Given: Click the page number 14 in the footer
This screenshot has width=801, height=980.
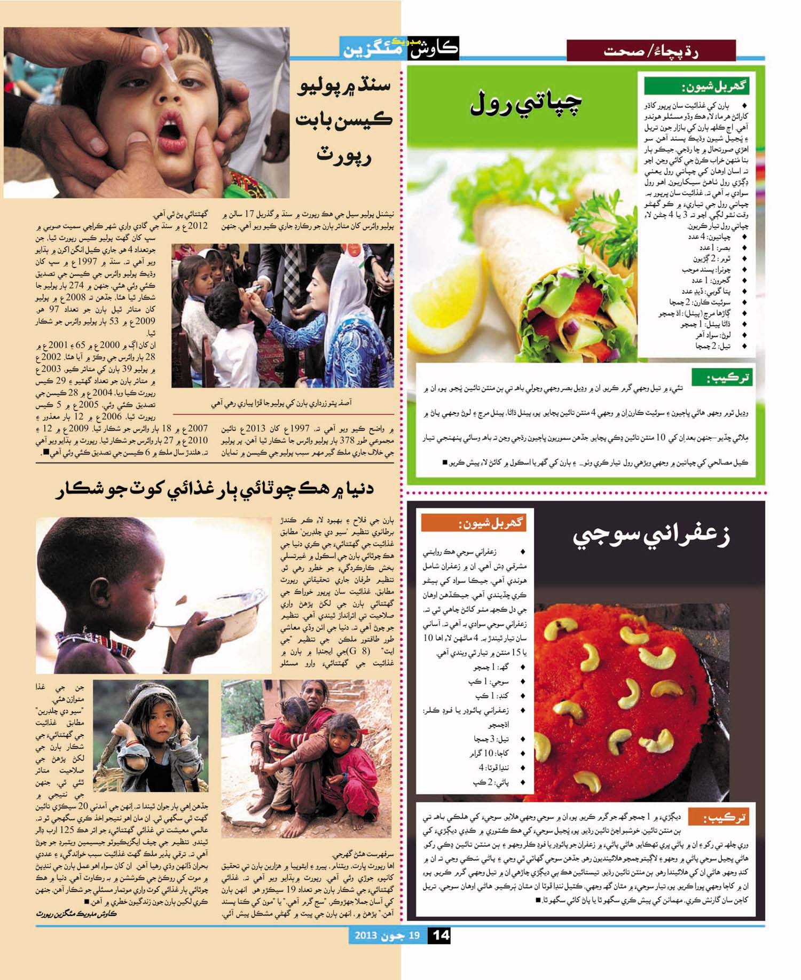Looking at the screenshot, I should click(x=441, y=936).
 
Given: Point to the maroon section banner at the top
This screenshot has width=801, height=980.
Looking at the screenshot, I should click(x=650, y=51).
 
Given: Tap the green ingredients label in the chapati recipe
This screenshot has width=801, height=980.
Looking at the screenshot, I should click(x=697, y=86).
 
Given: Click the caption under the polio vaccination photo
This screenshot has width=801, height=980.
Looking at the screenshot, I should click(x=281, y=403).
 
